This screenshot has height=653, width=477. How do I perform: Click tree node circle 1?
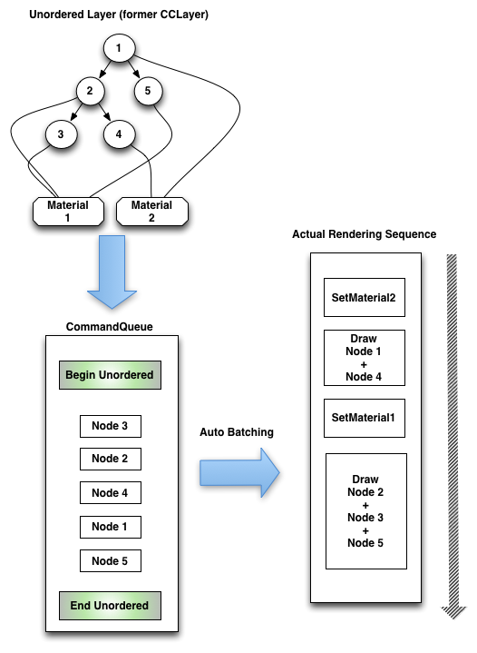coord(119,48)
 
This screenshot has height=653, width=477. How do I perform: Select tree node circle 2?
coord(90,91)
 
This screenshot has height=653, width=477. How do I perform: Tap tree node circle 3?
coord(61,134)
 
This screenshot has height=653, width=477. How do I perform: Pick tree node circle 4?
coord(119,134)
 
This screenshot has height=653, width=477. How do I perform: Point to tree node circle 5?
coord(148,91)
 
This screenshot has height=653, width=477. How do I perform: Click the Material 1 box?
coord(68,212)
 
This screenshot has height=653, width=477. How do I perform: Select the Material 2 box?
coord(151,212)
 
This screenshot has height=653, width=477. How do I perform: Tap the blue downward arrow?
coord(112,272)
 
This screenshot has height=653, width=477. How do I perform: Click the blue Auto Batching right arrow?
coord(239,472)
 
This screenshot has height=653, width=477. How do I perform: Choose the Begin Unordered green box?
coord(110,375)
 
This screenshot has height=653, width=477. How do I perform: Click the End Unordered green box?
coord(110,606)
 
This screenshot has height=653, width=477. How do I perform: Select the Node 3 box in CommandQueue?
coord(111,426)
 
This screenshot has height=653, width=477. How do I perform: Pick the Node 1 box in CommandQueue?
coord(111,527)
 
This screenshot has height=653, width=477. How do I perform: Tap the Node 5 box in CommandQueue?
coord(111,561)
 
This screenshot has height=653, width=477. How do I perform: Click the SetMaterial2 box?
coord(365,297)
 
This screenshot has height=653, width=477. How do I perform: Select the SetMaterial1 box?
coord(365,418)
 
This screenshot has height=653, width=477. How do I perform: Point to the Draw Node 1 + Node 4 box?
coord(365,358)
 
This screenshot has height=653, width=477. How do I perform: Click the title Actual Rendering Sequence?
coord(365,234)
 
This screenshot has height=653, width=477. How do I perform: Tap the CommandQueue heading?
coord(110,327)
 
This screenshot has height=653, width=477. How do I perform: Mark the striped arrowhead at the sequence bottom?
coord(453,612)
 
